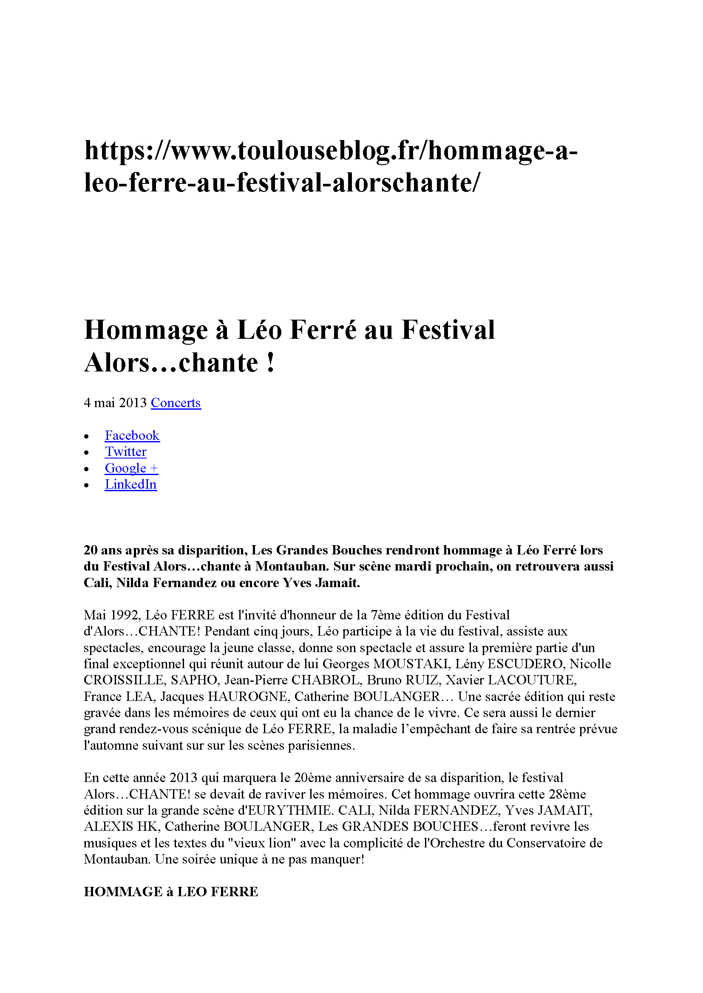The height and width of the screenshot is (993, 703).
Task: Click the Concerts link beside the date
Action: pyautogui.click(x=176, y=402)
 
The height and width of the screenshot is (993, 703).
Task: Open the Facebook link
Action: pyautogui.click(x=132, y=435)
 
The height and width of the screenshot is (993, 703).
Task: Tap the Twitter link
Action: pyautogui.click(x=125, y=452)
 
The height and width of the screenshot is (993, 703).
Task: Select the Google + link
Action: pyautogui.click(x=131, y=468)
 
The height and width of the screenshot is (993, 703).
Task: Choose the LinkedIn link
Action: pyautogui.click(x=131, y=484)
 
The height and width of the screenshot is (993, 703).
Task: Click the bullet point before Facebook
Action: pyautogui.click(x=87, y=436)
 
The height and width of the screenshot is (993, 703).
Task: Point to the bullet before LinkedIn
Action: pyautogui.click(x=87, y=486)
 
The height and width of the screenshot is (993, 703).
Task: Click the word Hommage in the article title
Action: pyautogui.click(x=146, y=330)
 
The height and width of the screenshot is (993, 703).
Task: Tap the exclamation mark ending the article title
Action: pyautogui.click(x=271, y=363)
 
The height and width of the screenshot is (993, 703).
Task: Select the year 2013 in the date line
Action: pyautogui.click(x=133, y=402)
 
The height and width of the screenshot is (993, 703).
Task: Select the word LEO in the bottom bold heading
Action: pyautogui.click(x=192, y=892)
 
